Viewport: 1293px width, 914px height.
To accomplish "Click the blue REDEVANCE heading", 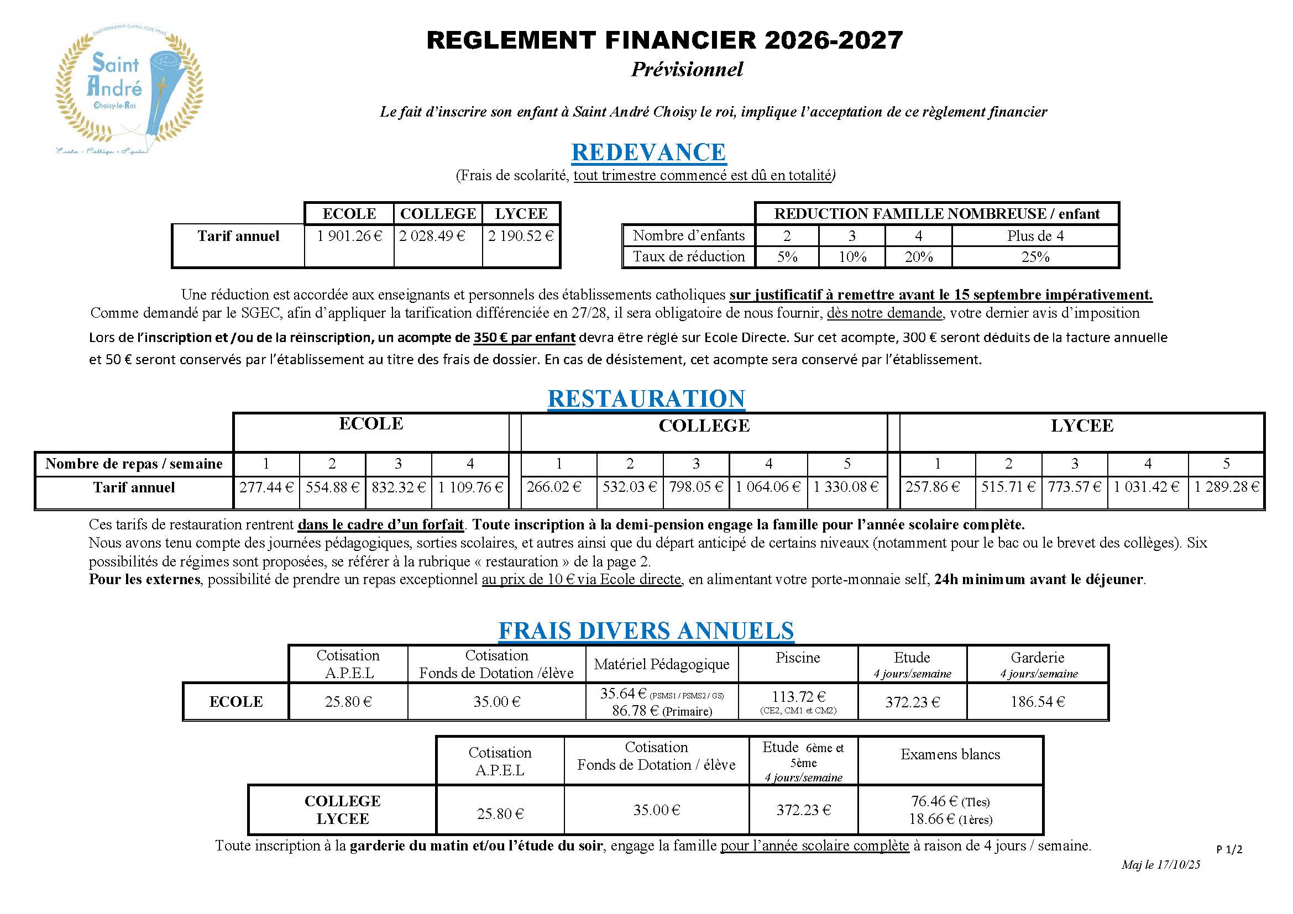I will click(648, 152).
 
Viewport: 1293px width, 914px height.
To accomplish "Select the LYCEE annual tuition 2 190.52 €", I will click(521, 236).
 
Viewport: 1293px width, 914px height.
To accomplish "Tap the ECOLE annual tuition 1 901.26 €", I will click(349, 236).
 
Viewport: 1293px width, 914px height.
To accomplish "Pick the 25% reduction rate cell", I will click(1035, 257).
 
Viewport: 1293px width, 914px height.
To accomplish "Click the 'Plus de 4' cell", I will click(1035, 236).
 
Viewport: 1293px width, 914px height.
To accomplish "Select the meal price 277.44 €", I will click(266, 487).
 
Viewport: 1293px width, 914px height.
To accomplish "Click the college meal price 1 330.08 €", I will click(846, 487).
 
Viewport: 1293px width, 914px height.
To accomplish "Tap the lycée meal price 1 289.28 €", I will click(1226, 487).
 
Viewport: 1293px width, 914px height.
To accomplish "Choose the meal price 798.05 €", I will click(695, 487).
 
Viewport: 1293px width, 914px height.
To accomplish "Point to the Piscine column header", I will click(798, 658).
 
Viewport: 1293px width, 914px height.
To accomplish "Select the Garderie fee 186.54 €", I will click(1037, 702).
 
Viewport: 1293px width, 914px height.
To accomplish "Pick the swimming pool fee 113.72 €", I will click(798, 697).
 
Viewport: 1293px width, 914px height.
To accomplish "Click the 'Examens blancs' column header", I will click(950, 754).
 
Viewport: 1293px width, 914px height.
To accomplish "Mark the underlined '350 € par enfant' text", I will click(524, 338).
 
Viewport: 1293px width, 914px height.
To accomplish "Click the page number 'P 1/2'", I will click(1229, 849).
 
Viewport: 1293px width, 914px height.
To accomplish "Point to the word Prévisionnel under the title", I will click(687, 69).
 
